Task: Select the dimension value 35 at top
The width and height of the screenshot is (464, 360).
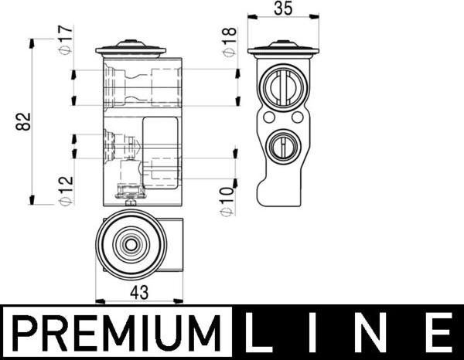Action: click(x=283, y=9)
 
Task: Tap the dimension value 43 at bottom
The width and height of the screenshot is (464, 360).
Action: click(x=138, y=293)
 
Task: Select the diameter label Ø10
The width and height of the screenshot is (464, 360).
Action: click(x=226, y=200)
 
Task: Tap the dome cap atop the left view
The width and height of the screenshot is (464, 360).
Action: click(x=131, y=49)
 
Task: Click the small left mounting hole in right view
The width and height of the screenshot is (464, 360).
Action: click(x=268, y=119)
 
